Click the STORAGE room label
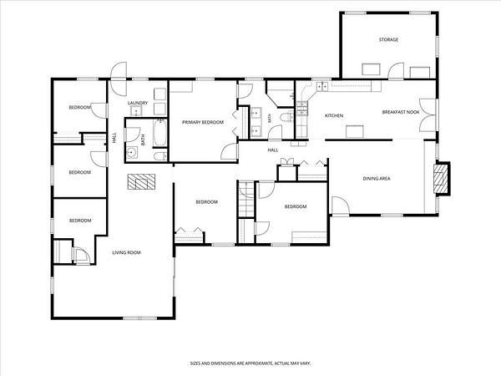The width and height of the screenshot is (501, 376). [388, 39]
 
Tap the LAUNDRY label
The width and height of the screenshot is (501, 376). [138, 103]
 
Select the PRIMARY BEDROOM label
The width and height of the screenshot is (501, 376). [203, 122]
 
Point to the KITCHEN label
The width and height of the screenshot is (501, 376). [334, 115]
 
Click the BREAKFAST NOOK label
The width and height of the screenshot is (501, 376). [401, 112]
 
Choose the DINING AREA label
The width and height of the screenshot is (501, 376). [377, 179]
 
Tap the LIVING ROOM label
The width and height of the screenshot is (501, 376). [127, 252]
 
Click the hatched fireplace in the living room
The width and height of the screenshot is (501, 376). [141, 182]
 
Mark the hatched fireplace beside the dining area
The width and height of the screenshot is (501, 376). [441, 179]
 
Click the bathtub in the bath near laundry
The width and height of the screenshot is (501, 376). [159, 133]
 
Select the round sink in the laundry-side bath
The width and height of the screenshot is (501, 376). [131, 153]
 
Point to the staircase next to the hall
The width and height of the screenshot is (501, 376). [246, 199]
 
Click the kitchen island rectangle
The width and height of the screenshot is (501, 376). [355, 131]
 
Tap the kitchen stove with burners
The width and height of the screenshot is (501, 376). [301, 109]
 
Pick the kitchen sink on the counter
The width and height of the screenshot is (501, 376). [322, 86]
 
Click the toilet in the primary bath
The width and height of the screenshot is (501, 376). [286, 117]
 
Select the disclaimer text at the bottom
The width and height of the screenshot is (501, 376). [250, 363]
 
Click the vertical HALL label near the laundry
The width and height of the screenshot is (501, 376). [114, 138]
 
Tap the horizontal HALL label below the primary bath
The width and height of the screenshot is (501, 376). [273, 150]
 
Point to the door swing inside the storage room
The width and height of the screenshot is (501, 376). [396, 71]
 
